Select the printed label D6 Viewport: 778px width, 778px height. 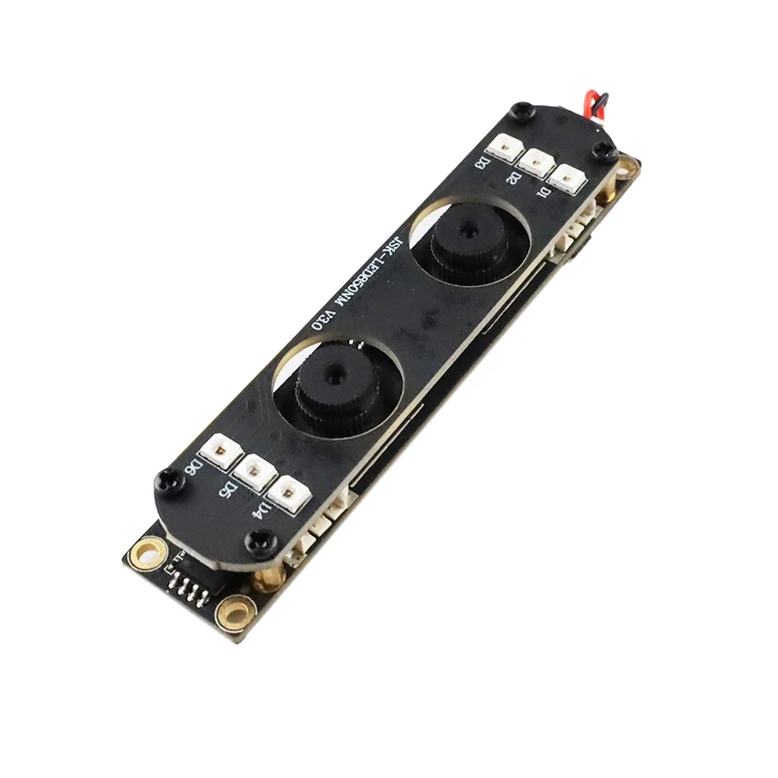click(x=196, y=469)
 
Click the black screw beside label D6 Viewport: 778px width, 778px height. click(x=168, y=479)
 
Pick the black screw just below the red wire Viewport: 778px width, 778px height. click(x=604, y=151)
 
